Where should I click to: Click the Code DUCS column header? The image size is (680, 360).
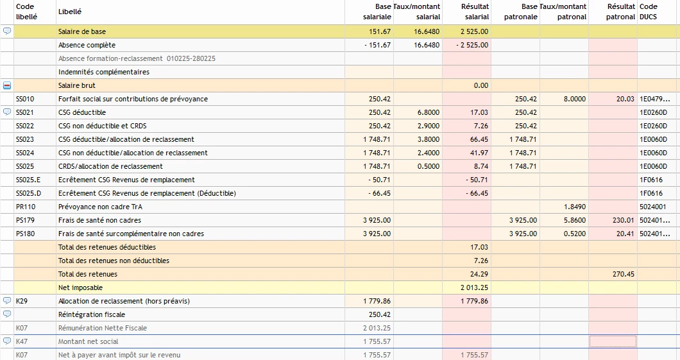649,12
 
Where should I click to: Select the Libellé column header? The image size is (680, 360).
70,12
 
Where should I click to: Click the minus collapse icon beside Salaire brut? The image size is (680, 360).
7,85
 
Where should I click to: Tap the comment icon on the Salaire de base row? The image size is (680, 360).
7,31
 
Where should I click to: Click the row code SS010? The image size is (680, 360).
25,99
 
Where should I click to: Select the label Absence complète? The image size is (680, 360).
87,45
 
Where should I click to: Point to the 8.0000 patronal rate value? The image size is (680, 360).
575,99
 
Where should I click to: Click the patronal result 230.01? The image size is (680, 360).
623,220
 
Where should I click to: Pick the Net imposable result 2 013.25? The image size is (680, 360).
475,287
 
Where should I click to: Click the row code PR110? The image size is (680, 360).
26,207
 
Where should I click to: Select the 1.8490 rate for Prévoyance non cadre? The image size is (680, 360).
575,207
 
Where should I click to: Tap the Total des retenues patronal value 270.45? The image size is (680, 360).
623,274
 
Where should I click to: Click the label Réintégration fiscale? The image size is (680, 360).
92,314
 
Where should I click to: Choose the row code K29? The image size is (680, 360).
22,301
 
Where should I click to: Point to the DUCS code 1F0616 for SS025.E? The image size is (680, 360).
651,180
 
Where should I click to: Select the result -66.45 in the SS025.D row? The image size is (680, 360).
476,193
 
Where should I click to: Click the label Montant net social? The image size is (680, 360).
88,341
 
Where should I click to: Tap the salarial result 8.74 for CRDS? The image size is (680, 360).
481,167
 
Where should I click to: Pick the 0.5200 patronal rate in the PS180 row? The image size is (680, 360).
575,234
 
